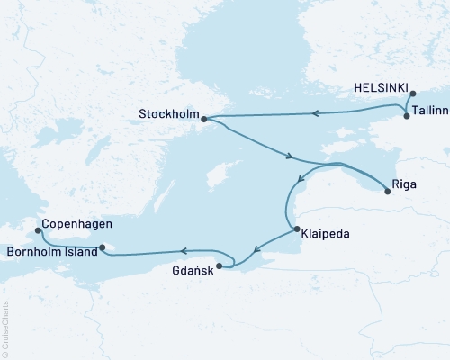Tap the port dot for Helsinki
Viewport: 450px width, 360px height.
click(412, 94)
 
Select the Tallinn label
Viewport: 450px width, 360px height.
click(428, 116)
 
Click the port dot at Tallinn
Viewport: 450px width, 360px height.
click(407, 116)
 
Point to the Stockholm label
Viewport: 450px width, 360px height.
click(168, 115)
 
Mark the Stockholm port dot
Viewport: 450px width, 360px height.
click(204, 118)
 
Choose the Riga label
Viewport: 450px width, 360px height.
click(404, 190)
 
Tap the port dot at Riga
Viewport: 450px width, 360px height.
click(387, 188)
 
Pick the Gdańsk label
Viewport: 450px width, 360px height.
click(192, 268)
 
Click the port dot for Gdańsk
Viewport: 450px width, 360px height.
click(221, 266)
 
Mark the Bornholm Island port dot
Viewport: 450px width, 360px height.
click(103, 248)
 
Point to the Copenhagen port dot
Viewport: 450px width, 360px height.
click(38, 230)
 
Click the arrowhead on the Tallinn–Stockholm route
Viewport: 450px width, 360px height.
click(316, 113)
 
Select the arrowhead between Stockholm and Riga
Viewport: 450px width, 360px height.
click(289, 157)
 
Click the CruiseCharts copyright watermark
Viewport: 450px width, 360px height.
click(5, 329)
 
